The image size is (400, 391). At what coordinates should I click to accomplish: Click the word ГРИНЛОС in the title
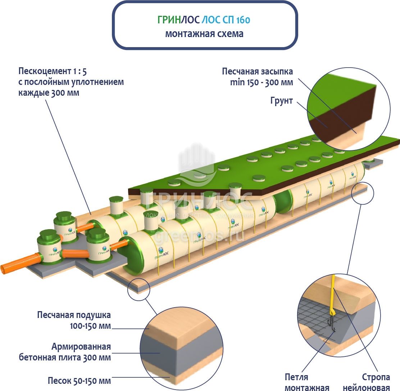[x=176, y=20]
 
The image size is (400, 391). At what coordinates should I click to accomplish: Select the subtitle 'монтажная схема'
[x=204, y=34]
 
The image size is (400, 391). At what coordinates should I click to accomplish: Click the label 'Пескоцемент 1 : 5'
[x=53, y=71]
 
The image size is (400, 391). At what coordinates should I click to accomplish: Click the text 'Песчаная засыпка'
[x=258, y=71]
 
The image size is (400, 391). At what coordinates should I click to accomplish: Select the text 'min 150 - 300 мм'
[x=262, y=82]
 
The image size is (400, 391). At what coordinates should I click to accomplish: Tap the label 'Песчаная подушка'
[x=74, y=315]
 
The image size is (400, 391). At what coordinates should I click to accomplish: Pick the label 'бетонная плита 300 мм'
[x=65, y=358]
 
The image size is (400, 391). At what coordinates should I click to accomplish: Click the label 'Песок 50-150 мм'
[x=79, y=381]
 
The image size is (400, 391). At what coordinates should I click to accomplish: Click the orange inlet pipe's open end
[x=4, y=269]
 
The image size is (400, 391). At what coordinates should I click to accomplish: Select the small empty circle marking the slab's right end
[x=360, y=195]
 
